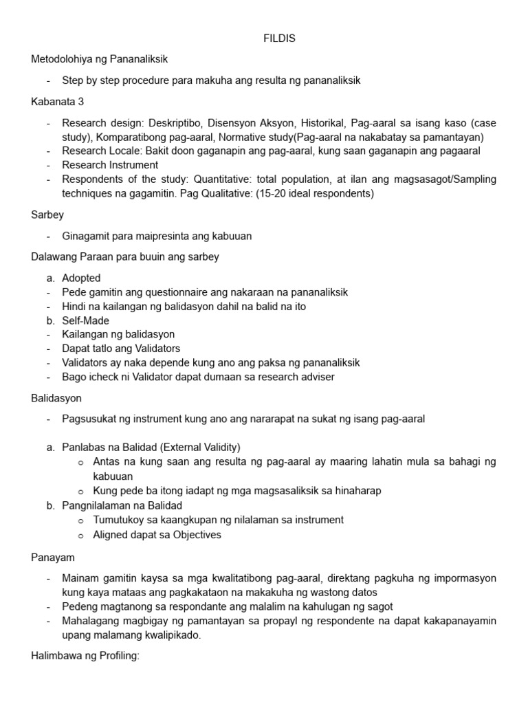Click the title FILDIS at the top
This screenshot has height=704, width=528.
tap(279, 38)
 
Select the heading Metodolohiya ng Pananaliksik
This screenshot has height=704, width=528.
tap(99, 59)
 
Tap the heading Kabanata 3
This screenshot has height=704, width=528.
tap(58, 102)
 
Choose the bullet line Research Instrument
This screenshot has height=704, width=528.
tap(110, 165)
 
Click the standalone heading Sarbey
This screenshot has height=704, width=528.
tap(47, 214)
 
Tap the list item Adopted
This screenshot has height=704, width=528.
tap(81, 278)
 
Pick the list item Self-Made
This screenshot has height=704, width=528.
tap(85, 320)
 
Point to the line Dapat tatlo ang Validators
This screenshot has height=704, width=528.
tap(121, 349)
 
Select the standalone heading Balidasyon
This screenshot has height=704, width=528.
tap(57, 398)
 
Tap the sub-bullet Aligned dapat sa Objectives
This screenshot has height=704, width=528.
tap(157, 534)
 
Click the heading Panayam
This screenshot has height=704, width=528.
tap(52, 556)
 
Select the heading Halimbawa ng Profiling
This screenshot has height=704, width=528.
tap(85, 656)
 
